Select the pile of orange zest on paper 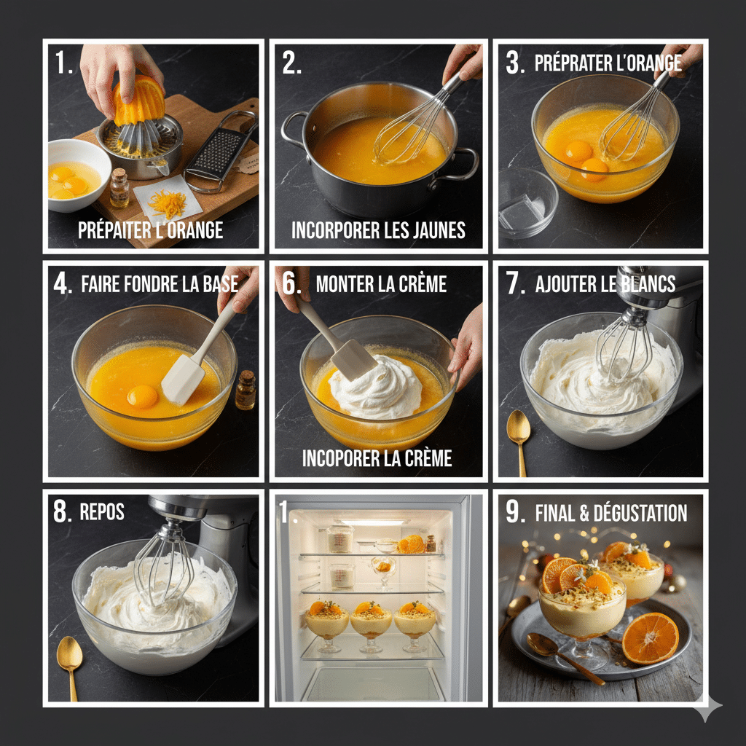[169, 204]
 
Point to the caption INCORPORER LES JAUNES [378, 231]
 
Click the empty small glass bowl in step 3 [527, 203]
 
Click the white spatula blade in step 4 [183, 379]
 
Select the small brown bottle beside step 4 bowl [246, 391]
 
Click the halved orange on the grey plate [650, 637]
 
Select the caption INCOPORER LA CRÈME [377, 458]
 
